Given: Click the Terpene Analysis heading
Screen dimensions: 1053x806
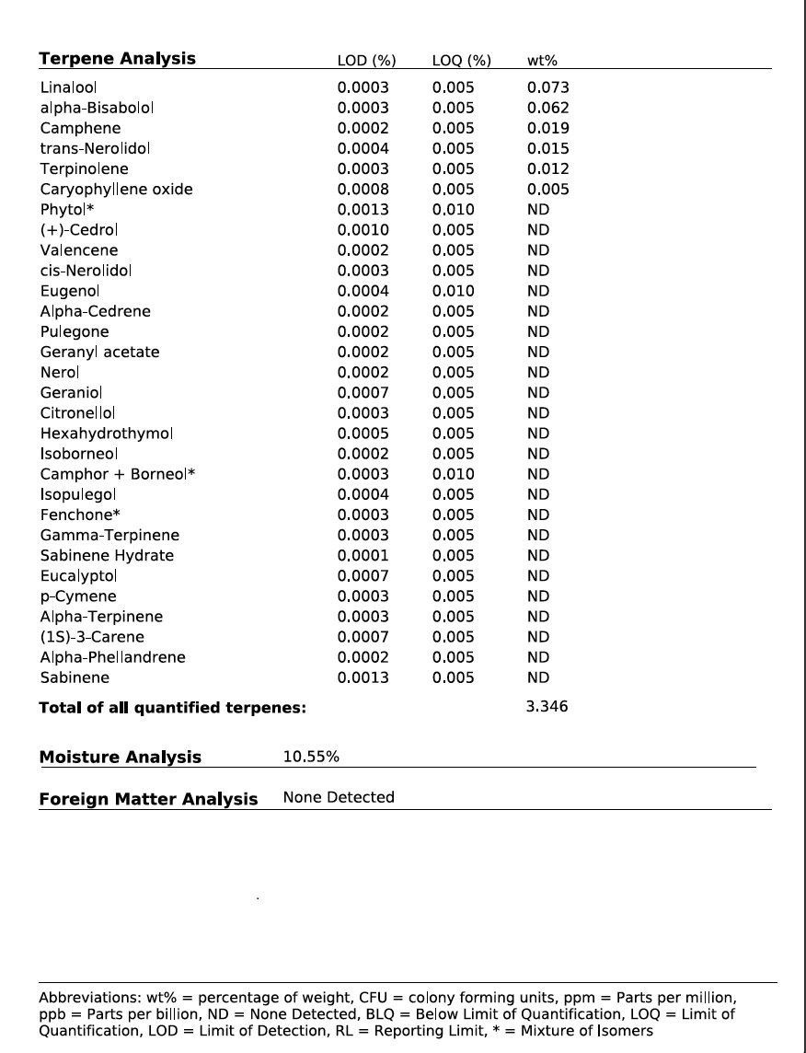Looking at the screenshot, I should (x=117, y=59).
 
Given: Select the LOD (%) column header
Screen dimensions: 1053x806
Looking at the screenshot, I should (x=366, y=61).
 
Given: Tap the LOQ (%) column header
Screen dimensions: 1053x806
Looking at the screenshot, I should (x=461, y=61).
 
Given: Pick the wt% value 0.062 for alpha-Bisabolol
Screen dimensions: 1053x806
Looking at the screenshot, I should (x=547, y=108).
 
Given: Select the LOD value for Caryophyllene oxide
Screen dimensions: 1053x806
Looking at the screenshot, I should (x=363, y=190).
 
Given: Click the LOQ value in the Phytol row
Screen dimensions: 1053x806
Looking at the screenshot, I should (x=454, y=210).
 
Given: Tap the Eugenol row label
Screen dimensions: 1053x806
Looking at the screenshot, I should (x=69, y=291).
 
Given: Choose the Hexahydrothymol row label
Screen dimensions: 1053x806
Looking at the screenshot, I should (x=106, y=434).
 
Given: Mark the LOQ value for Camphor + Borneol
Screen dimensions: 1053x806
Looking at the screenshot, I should (x=454, y=474).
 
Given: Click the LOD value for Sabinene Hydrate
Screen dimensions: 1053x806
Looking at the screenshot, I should (x=363, y=556).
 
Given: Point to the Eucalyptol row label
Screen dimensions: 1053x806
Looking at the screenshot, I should (x=78, y=576).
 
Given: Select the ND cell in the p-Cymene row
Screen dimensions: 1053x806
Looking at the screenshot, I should (x=538, y=596).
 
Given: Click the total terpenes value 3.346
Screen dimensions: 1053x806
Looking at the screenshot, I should (x=547, y=707).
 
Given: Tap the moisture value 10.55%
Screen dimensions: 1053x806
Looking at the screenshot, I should (x=311, y=757).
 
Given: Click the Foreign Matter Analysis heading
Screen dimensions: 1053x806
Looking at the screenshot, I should (x=148, y=799).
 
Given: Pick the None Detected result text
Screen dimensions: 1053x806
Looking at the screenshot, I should (x=339, y=797).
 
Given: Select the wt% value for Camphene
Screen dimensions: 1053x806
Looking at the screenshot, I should (x=547, y=128).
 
